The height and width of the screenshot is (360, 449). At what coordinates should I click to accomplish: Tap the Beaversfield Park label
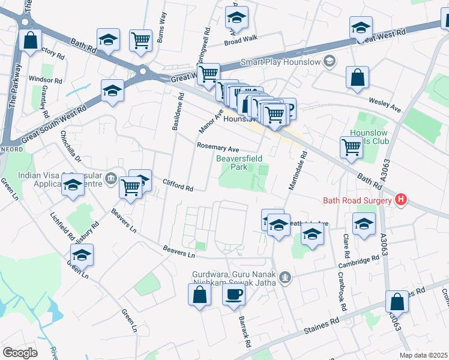240,163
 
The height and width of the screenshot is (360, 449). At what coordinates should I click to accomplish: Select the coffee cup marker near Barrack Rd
234,295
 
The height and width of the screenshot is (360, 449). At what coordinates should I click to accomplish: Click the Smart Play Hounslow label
282,62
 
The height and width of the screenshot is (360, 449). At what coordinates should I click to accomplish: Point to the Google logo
20,352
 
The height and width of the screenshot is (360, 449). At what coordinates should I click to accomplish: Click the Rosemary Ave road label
218,148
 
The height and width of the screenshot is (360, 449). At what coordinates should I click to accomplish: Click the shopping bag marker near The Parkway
30,41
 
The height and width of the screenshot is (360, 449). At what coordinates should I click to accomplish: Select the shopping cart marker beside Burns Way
140,41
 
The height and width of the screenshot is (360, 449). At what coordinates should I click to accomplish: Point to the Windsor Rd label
45,79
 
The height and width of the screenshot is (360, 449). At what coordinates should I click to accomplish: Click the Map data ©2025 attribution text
423,355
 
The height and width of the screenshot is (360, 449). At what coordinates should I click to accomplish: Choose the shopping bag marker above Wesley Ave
357,78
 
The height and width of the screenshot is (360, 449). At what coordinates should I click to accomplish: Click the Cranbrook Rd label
342,292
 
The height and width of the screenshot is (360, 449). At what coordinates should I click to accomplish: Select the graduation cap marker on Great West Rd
361,28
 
